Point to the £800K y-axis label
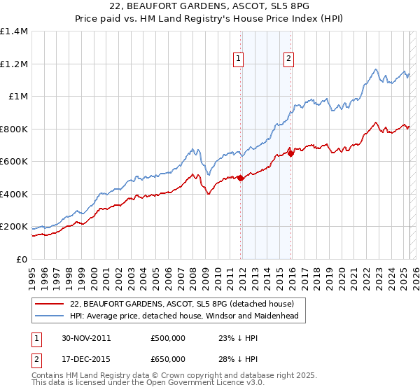[14, 129]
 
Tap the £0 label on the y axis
[21, 259]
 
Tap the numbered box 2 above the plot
[288, 59]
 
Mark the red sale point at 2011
[241, 178]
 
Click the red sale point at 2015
[291, 153]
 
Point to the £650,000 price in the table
[168, 359]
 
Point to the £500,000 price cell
[168, 338]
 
